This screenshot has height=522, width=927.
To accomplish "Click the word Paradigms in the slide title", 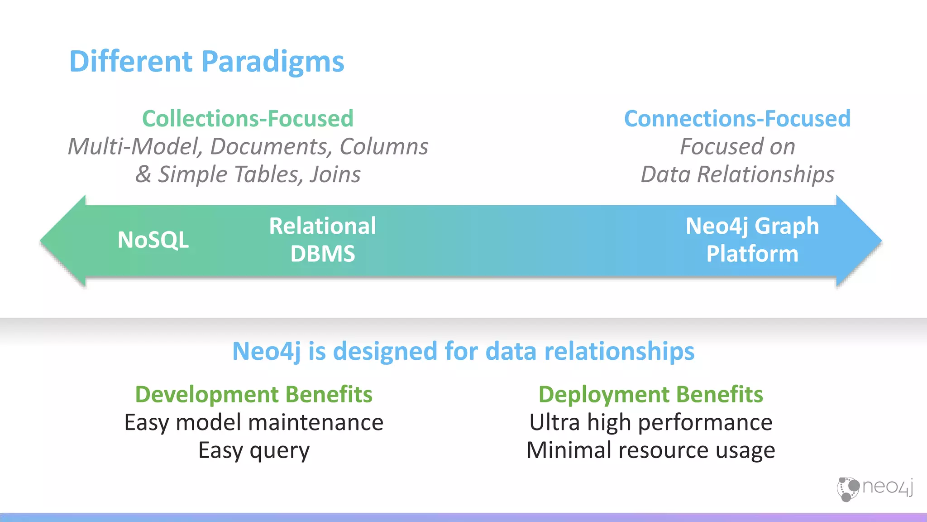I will pos(272,62).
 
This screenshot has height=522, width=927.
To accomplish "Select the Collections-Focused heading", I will pos(248,119).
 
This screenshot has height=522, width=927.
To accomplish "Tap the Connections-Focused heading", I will pos(737,119).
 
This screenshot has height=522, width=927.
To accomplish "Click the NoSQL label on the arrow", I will pos(153,240).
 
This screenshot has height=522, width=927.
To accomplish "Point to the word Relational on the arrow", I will pos(322,226).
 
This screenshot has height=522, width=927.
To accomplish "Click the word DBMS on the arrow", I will pos(322,254).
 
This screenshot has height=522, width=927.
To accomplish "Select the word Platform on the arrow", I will pos(752,254).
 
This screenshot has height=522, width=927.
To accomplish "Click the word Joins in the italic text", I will pos(335,174).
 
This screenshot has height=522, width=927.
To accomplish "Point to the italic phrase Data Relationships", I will pos(737,174).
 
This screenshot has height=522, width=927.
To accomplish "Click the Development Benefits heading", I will pos(253,394).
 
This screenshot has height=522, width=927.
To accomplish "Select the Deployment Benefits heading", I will pos(650,394).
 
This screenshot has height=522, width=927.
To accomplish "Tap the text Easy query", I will pos(253,450).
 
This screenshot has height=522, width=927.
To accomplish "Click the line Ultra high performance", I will pos(650,422).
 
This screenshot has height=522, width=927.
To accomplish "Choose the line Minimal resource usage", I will pos(650,450).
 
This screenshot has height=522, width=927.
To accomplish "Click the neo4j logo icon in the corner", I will pos(848,489).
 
